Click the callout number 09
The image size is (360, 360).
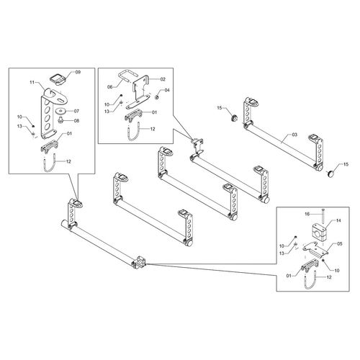tap(78, 72)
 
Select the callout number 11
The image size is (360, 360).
tap(32, 82)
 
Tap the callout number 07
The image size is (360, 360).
tap(76, 111)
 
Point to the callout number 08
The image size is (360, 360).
tap(76, 121)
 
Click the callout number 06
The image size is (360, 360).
tap(109, 87)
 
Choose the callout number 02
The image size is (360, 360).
tap(163, 79)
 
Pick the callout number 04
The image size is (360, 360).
tap(167, 90)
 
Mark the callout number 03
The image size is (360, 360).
tap(294, 135)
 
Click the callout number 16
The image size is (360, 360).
tap(307, 214)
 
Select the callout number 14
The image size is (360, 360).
tap(338, 220)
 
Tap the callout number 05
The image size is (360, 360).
tap(340, 244)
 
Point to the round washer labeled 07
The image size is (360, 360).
tap(60, 111)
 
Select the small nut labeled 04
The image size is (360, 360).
tap(157, 97)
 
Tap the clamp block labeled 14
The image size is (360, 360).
tap(319, 229)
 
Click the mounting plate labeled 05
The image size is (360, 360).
tap(315, 251)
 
